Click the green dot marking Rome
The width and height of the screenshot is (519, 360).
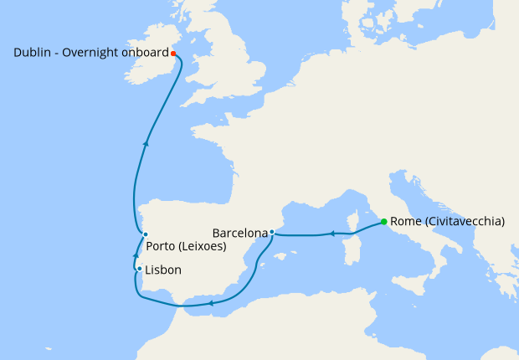point(383,222)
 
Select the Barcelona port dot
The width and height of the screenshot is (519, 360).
point(272,232)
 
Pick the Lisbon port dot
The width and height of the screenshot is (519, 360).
point(139,270)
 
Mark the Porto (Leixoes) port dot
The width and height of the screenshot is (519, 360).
point(145,234)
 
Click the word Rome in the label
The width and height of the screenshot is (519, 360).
point(406,222)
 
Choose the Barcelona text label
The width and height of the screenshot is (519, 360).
point(240,232)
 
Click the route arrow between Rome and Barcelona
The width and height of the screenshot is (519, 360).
point(331,234)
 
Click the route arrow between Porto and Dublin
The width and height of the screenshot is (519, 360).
point(146,143)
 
